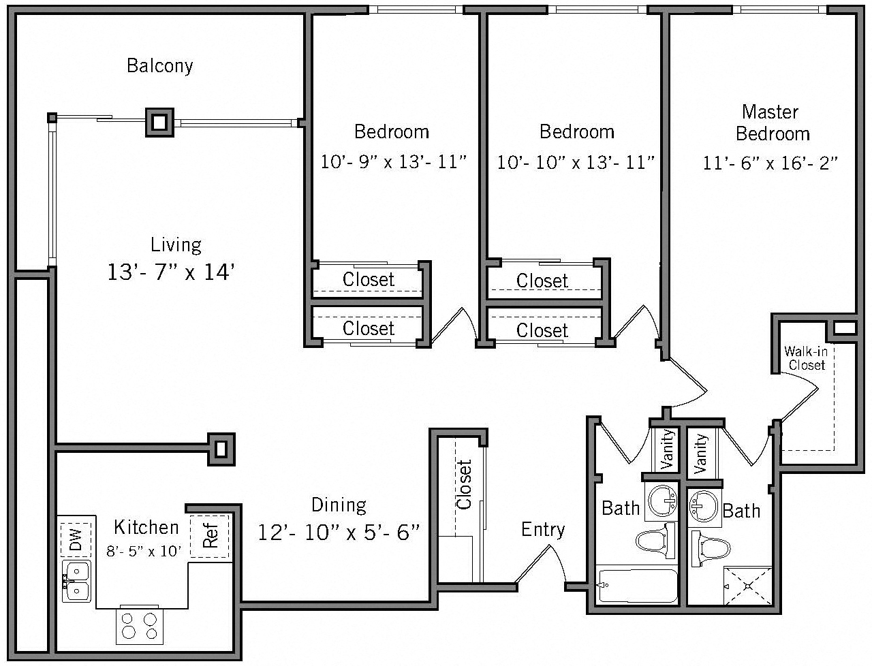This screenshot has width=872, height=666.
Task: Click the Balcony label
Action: (160, 66)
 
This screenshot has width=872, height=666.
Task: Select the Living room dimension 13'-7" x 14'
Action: (172, 272)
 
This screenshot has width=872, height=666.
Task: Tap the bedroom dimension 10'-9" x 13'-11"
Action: (393, 162)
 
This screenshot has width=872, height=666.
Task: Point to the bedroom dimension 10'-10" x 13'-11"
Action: (576, 162)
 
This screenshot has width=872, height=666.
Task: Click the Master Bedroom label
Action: (772, 123)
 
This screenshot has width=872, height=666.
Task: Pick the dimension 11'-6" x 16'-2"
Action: (770, 163)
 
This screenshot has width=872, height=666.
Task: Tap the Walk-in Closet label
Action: (806, 358)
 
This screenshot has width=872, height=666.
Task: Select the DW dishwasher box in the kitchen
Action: (75, 539)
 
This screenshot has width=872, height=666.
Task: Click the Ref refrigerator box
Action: (210, 537)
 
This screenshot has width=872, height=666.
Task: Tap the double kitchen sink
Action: (76, 581)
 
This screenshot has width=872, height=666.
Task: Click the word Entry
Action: (543, 529)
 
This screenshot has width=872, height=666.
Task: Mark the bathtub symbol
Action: (638, 585)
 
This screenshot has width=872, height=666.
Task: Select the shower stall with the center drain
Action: (747, 585)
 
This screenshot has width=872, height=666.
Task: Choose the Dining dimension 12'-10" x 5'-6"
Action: (339, 532)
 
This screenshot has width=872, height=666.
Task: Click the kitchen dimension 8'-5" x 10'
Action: (144, 551)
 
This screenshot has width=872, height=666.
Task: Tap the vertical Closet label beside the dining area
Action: (464, 485)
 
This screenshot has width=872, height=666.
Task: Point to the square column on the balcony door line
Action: (159, 123)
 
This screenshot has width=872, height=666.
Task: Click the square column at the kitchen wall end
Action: (221, 449)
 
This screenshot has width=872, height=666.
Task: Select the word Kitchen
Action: (146, 527)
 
